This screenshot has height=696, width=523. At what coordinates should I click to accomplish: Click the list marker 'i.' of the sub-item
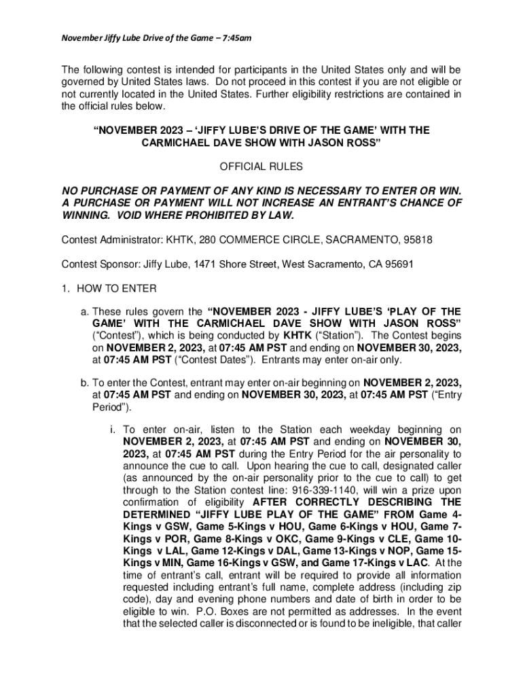pyautogui.click(x=111, y=430)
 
